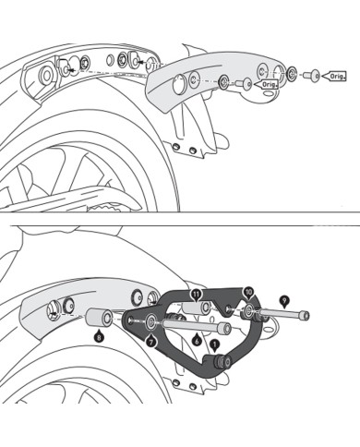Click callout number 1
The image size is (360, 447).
coord(215,344)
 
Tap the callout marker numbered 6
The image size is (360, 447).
coord(196,340)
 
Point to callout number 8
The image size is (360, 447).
coord(100,337)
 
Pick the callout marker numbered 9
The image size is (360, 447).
coord(283,299)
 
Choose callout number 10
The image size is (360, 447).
coord(248,292)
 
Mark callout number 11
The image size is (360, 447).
coord(195,293)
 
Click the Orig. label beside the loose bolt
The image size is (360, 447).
coord(337,79)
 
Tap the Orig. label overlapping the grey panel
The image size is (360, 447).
coord(270,82)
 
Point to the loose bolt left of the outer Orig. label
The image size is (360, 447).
coord(313,72)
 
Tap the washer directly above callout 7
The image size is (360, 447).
coord(150,323)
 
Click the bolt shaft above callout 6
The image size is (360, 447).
coord(198,325)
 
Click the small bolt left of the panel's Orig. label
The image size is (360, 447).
coord(245,82)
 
